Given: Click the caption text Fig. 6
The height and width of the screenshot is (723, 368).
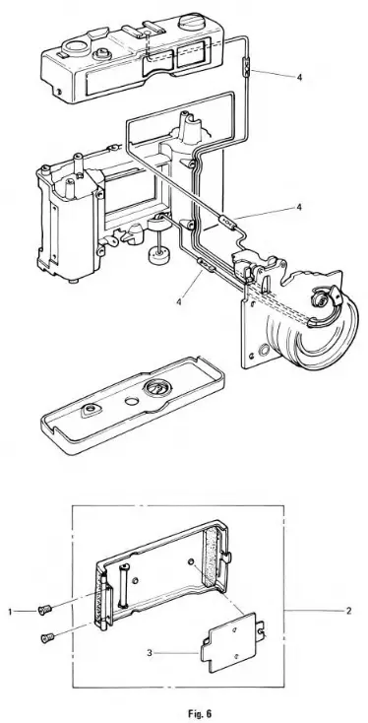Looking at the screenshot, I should coord(184,706).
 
